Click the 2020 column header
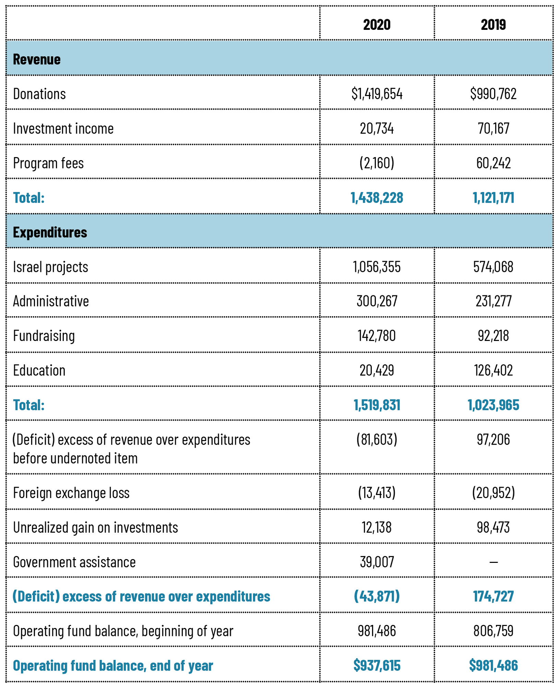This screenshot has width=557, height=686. (377, 25)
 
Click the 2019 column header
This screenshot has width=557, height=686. (493, 25)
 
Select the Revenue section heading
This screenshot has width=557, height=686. (37, 59)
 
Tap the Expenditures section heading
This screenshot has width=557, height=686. (50, 232)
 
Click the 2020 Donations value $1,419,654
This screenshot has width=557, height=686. (377, 94)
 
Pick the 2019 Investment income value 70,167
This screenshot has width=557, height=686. (494, 128)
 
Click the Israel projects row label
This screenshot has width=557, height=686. (50, 267)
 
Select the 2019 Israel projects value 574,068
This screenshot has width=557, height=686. (493, 267)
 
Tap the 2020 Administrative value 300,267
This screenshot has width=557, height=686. (377, 301)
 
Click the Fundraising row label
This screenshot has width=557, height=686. (44, 336)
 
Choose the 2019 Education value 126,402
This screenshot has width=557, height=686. (494, 370)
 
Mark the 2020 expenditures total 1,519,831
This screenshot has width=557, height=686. (377, 405)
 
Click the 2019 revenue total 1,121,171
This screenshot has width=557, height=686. (494, 198)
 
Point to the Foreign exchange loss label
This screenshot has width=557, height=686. (71, 493)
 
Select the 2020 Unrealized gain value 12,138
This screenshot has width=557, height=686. (377, 527)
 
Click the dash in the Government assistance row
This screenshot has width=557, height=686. (494, 562)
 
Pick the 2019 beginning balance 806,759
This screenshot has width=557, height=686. (494, 631)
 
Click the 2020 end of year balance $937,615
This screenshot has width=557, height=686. (377, 665)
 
